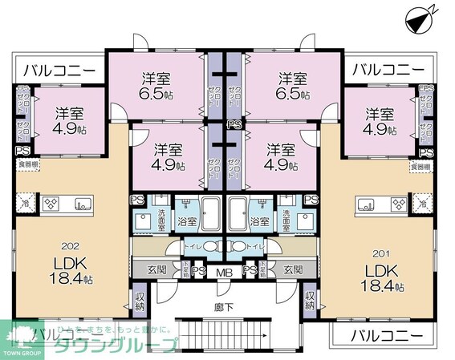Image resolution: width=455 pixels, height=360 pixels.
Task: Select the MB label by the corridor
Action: tap(225, 272)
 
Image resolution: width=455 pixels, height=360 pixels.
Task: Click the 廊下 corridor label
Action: tap(226, 305)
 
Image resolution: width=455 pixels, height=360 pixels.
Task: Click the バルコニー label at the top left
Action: tap(59, 70)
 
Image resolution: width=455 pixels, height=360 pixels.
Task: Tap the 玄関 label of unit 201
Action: tap(293, 270)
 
